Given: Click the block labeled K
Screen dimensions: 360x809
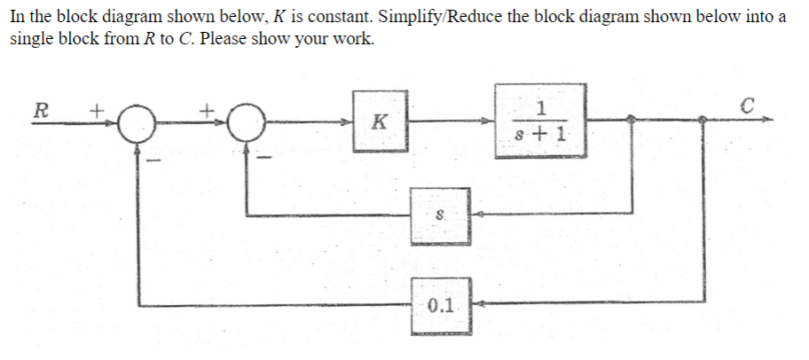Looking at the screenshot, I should pos(380,121).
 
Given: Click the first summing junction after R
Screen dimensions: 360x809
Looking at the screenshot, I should pos(137,123).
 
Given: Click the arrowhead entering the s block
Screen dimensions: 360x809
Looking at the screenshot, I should pos(475,214).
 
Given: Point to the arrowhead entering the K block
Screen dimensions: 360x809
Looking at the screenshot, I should pos(352,123).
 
